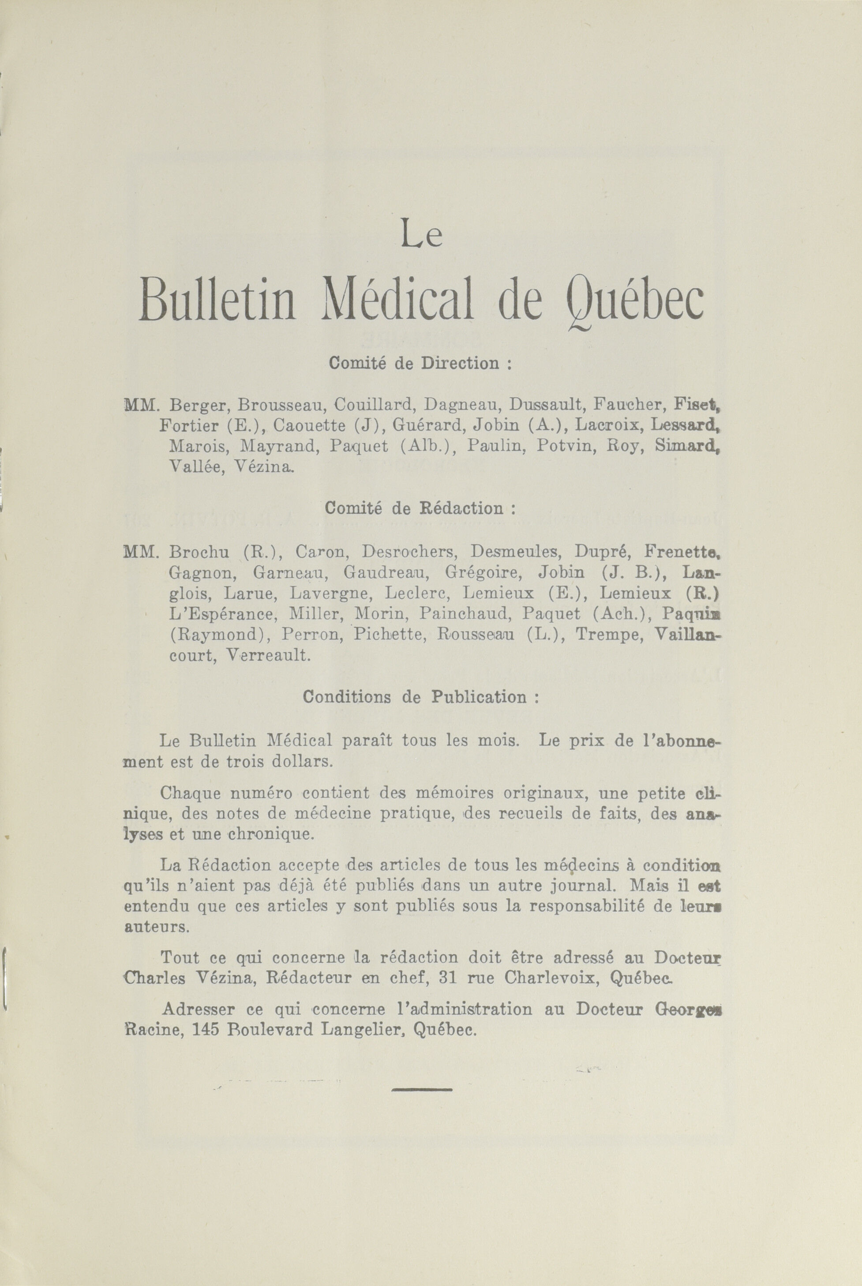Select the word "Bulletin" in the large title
[217, 301]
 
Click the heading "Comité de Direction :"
[420, 363]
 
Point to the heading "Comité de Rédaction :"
[420, 508]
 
